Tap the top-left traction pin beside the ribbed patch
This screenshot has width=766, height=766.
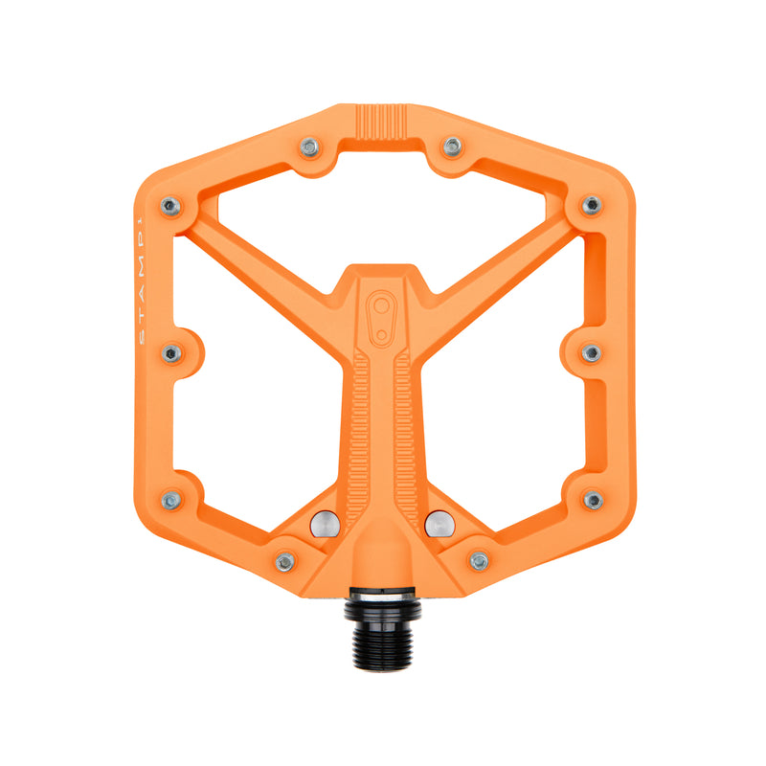coord(308,146)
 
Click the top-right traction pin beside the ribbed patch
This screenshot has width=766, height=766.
coord(452,146)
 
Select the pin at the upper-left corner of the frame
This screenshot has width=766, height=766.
coord(170,205)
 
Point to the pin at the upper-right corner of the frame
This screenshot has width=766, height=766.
coord(592,205)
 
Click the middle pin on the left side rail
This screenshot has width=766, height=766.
coord(172,353)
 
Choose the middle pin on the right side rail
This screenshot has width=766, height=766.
coord(592,353)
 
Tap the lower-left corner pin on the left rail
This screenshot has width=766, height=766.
coord(171,500)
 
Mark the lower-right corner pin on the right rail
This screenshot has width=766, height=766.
coord(593,500)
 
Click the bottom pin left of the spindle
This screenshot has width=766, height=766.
coord(284,561)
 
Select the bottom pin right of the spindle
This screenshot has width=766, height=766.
coord(479,561)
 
